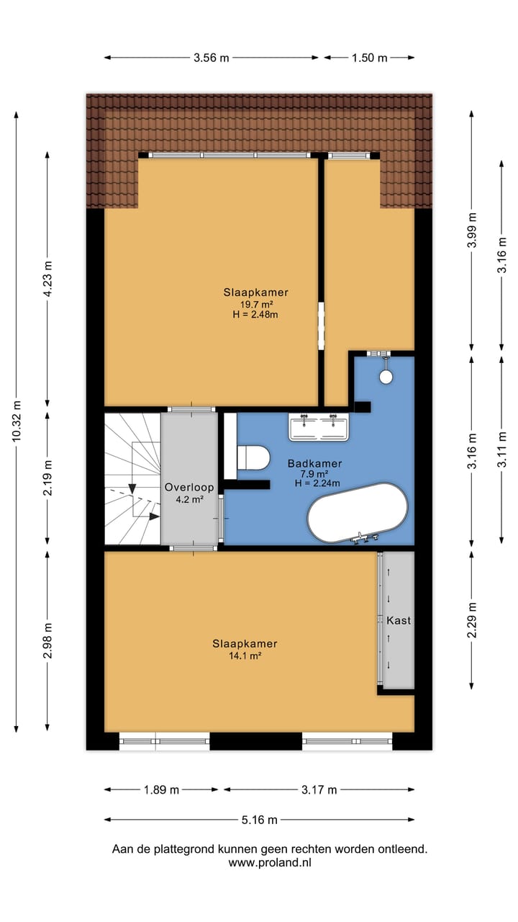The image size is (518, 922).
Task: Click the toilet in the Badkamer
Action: (253, 457)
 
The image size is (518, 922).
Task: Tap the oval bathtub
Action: (358, 513)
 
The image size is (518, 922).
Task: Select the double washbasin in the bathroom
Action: (319, 427)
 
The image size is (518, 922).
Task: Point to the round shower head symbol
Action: (386, 377)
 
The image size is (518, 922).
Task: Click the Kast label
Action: (399, 620)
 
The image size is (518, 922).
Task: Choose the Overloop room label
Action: (189, 488)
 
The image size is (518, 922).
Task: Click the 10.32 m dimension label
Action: (17, 421)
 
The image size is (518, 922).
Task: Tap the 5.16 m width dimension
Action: (260, 820)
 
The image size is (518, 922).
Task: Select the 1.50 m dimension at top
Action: (369, 58)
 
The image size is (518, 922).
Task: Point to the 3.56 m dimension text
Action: (212, 58)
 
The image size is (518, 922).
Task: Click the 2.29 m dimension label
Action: (472, 620)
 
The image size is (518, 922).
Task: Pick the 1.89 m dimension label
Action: (161, 789)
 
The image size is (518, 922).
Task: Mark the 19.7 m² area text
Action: (257, 305)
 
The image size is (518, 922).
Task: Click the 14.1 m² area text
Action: (245, 655)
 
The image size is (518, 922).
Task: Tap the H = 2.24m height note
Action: (317, 483)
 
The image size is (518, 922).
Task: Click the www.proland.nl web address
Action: (270, 863)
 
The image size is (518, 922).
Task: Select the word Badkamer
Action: (314, 463)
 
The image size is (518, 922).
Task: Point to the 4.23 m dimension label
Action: (47, 279)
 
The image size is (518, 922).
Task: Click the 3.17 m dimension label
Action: (319, 789)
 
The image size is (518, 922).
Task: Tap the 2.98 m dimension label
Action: (47, 640)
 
